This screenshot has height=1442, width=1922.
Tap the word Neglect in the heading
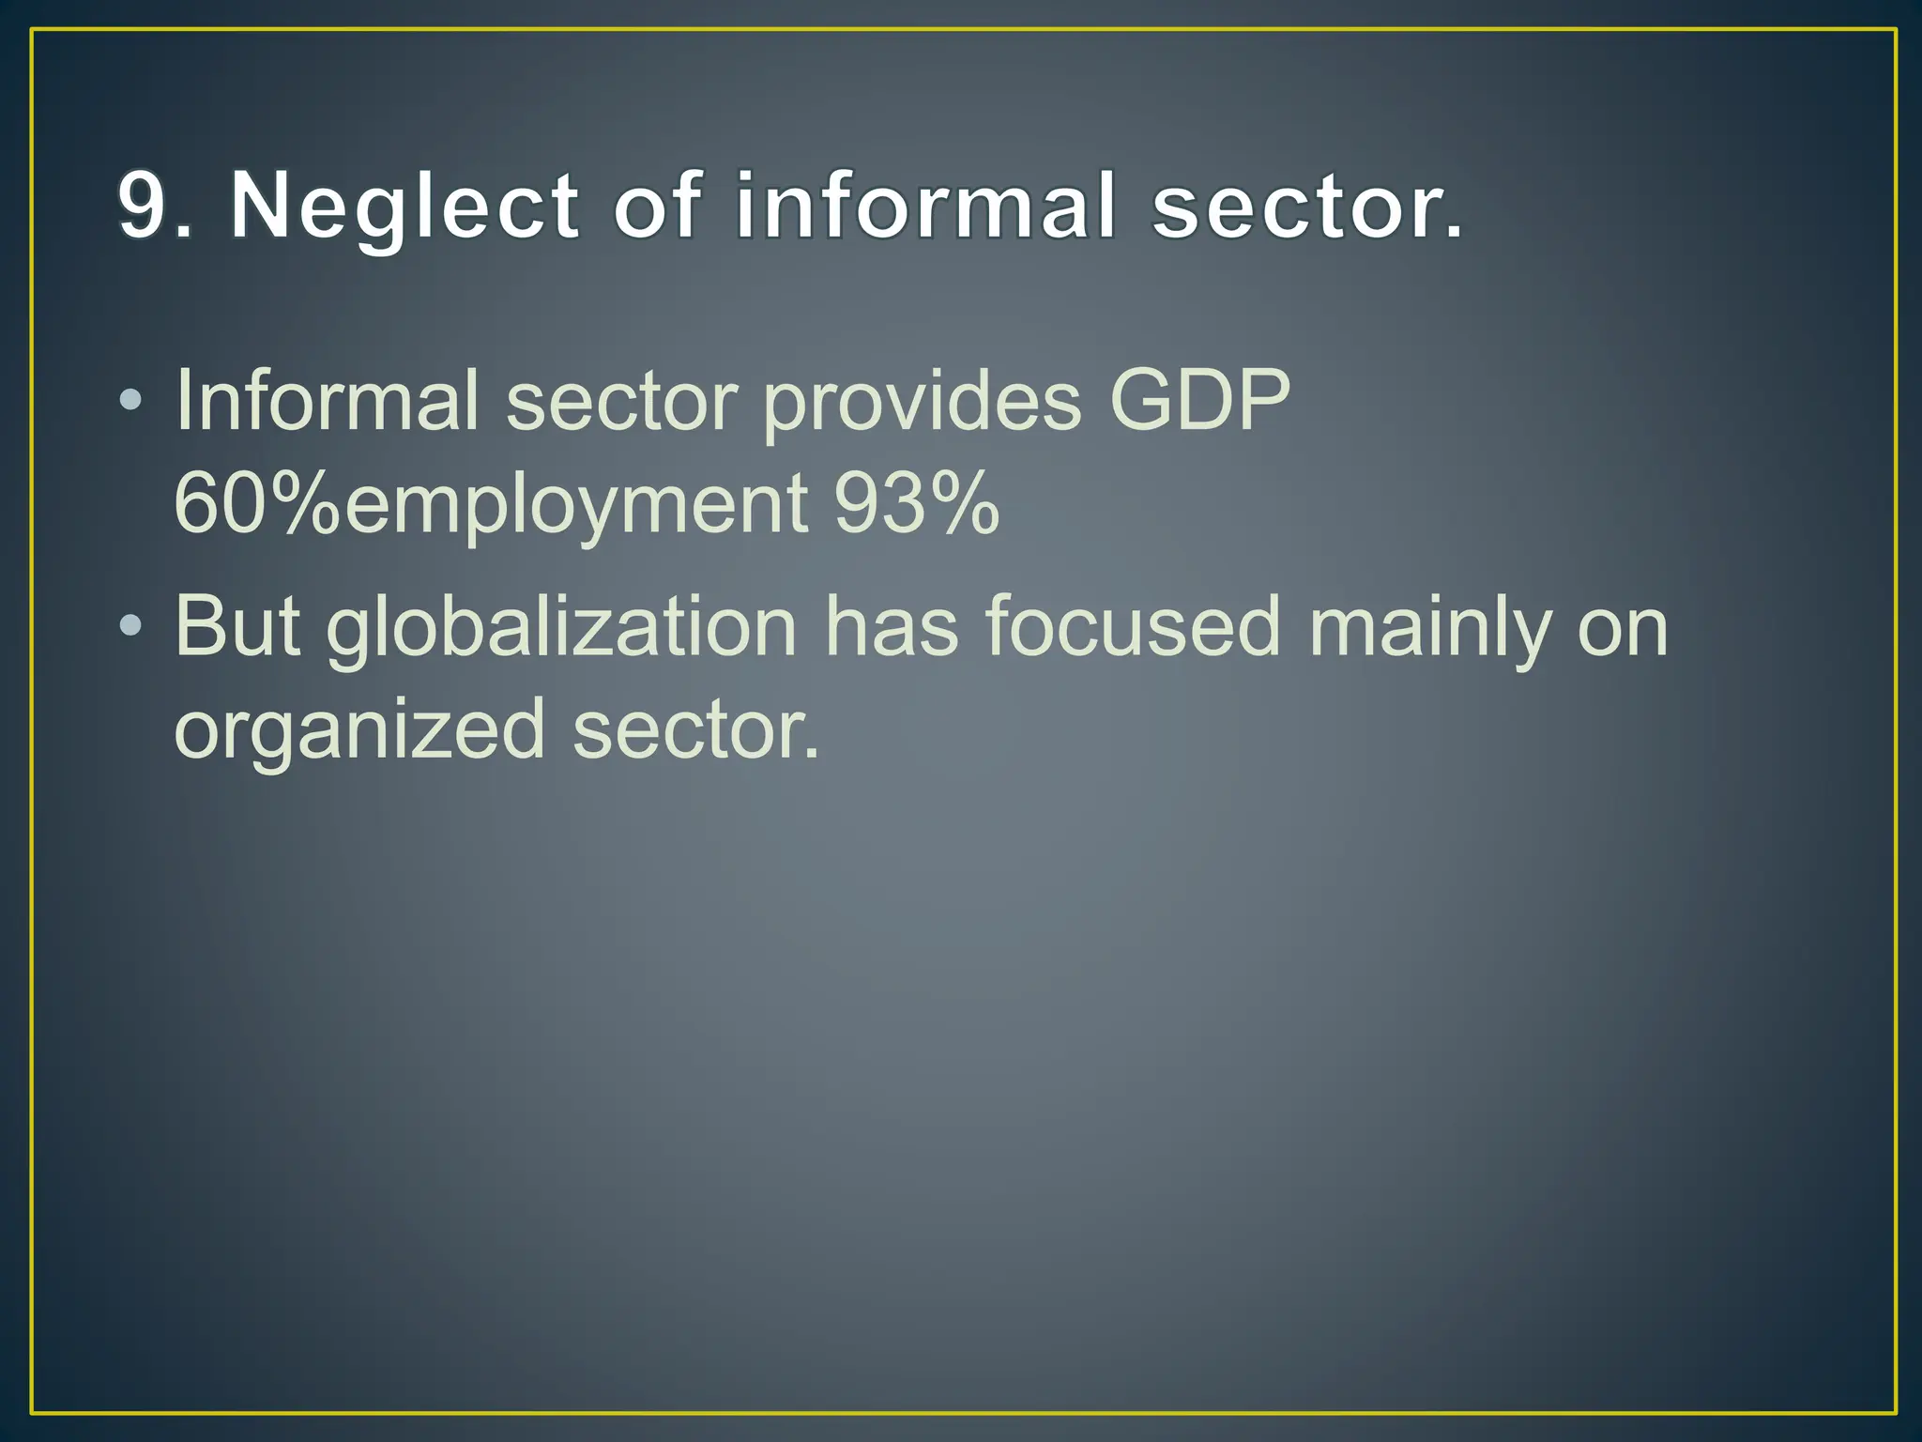click(404, 207)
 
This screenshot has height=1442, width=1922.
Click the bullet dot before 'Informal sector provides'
click(131, 401)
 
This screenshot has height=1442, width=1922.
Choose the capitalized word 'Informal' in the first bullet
click(327, 401)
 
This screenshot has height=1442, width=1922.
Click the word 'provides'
click(921, 401)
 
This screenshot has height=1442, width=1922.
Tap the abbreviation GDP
click(1199, 401)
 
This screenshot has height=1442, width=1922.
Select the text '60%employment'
click(491, 504)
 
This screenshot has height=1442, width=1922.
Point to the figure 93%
click(916, 504)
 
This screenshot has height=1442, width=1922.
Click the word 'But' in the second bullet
click(237, 626)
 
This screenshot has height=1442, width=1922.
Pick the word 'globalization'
click(561, 626)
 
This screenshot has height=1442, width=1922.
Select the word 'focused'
click(1133, 626)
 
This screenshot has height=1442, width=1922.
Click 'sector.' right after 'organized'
click(696, 729)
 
